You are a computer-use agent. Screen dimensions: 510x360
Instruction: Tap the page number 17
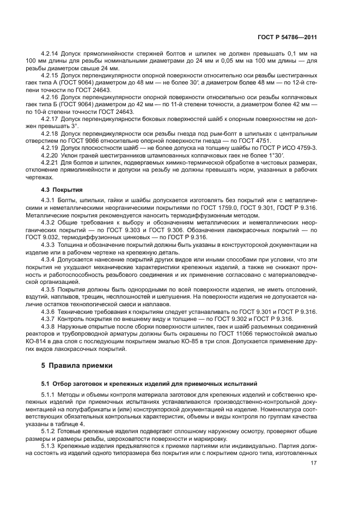pyautogui.click(x=314, y=464)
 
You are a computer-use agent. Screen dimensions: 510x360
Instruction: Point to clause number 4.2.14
pyautogui.click(x=51, y=55)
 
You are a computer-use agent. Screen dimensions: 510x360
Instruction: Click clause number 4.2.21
pyautogui.click(x=51, y=162)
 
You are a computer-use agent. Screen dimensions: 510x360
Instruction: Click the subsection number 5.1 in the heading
pyautogui.click(x=46, y=385)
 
